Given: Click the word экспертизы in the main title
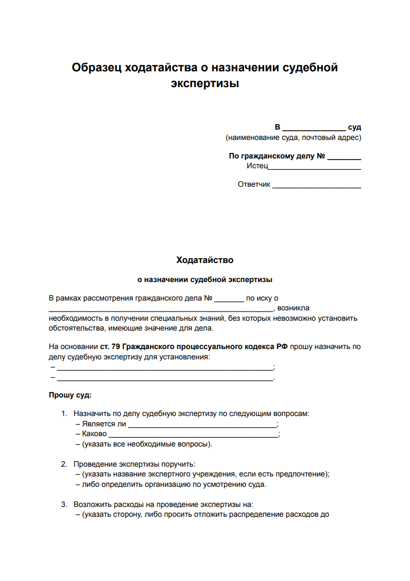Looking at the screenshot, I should click(x=205, y=84).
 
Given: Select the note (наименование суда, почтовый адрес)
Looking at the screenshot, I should click(x=293, y=138).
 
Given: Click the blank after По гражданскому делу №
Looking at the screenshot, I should click(x=344, y=157).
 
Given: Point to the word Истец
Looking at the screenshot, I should click(x=257, y=166).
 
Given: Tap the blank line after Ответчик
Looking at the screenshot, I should click(x=316, y=185).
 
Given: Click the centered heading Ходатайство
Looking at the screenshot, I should click(x=205, y=260).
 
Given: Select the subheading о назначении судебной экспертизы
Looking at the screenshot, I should click(x=205, y=280).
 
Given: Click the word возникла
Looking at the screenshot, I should click(x=293, y=308).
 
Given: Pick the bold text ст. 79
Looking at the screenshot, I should click(x=113, y=346).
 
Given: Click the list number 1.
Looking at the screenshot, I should click(x=64, y=414).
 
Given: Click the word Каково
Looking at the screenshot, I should click(x=95, y=434).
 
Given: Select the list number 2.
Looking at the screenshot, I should click(x=64, y=464).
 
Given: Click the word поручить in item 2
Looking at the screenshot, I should click(x=177, y=464).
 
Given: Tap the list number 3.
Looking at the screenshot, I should click(x=64, y=504).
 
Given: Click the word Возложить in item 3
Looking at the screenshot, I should click(x=92, y=504).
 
